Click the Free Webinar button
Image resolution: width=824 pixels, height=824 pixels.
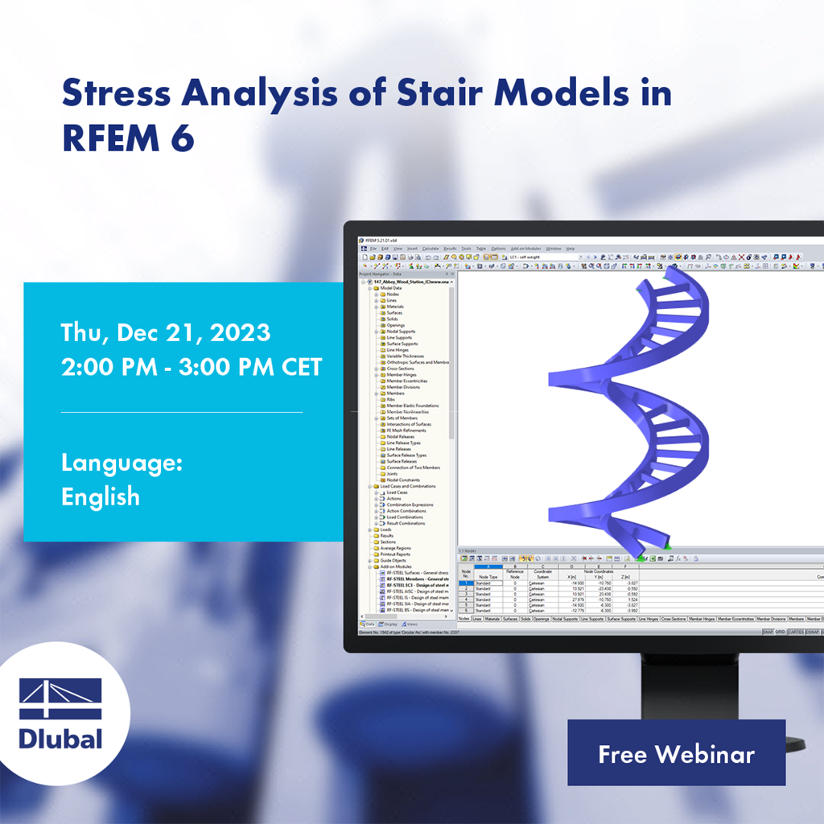click(x=676, y=753)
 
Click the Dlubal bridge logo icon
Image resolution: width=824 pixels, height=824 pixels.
click(x=60, y=699)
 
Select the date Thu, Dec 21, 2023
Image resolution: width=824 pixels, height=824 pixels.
click(x=166, y=332)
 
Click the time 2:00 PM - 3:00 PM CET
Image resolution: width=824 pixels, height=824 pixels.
click(x=192, y=367)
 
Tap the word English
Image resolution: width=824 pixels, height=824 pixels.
click(x=101, y=496)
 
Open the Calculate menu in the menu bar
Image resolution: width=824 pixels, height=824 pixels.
click(x=431, y=249)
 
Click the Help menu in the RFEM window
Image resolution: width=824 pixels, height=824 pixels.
click(x=570, y=249)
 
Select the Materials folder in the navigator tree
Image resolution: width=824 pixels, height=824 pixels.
click(x=395, y=307)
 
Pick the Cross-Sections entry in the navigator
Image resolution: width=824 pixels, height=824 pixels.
click(x=401, y=369)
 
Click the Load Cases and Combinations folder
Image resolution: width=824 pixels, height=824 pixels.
click(x=408, y=486)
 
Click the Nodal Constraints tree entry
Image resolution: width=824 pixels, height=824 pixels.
click(x=404, y=480)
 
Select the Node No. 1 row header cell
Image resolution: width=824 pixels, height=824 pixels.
click(x=465, y=583)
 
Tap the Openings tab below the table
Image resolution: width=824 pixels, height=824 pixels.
click(x=541, y=619)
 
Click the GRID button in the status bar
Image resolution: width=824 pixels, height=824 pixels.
click(x=780, y=632)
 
